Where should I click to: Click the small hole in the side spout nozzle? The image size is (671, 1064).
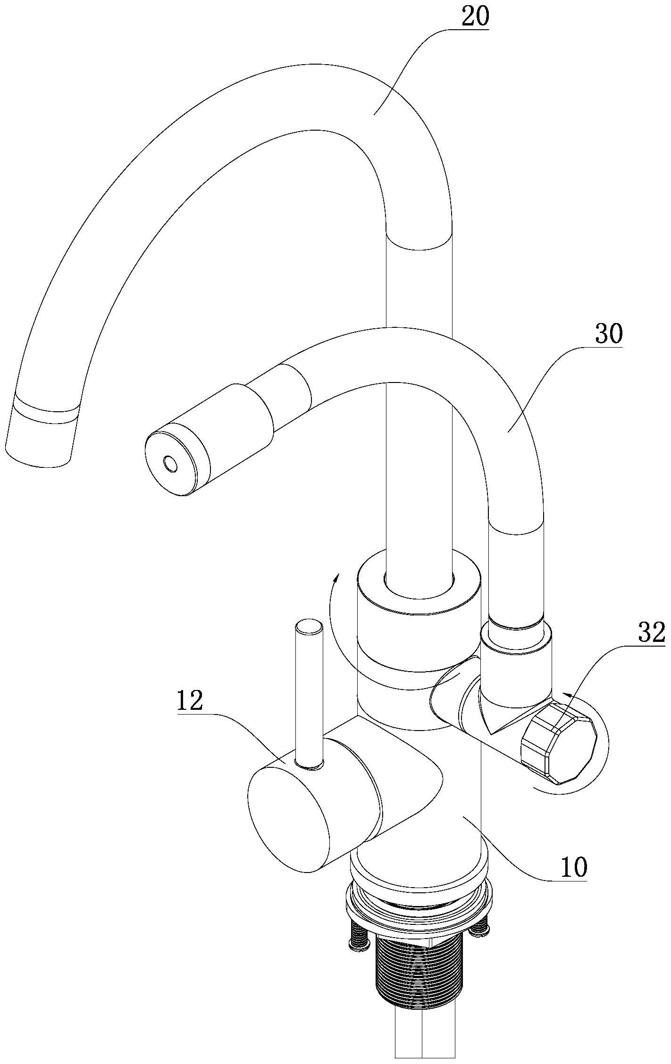point(170,464)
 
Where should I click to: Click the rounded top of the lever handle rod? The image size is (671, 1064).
point(309,627)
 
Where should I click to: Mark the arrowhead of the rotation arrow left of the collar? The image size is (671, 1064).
point(336,580)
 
